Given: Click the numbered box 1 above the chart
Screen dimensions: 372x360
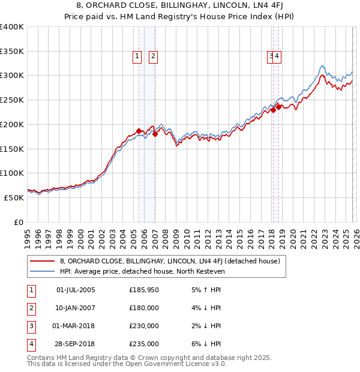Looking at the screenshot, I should (x=137, y=56).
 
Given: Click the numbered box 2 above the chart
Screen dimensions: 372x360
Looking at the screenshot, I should (x=153, y=56).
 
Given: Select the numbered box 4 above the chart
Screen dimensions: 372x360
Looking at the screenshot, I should (x=278, y=56).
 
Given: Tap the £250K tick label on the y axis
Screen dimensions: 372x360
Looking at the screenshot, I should (x=12, y=100).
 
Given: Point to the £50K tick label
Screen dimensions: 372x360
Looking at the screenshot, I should (x=14, y=197).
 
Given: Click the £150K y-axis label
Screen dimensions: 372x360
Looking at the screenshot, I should (x=12, y=149).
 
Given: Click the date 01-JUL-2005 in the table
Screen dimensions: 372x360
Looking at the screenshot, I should (x=75, y=290).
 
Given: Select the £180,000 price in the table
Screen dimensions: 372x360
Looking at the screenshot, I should (x=144, y=308).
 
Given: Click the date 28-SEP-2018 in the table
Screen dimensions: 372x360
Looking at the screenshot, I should (x=75, y=344).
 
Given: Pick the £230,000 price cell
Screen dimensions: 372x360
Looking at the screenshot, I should (x=144, y=326).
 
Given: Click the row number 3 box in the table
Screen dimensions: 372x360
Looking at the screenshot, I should (x=31, y=326).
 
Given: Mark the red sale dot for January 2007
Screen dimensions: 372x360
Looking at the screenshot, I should (x=155, y=134).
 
